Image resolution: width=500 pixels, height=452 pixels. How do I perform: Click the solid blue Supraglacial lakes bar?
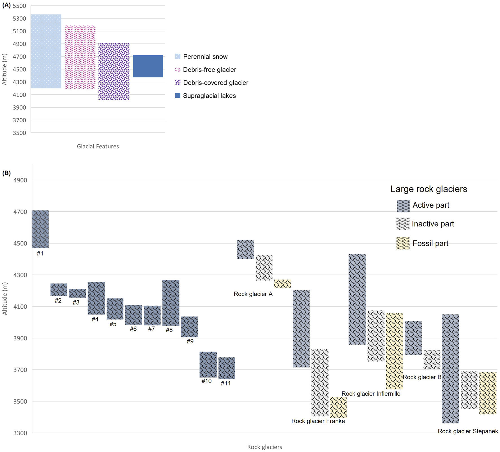(x=148, y=66)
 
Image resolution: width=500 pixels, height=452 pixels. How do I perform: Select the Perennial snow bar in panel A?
(x=46, y=51)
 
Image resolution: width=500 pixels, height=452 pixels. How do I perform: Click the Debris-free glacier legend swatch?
(x=178, y=69)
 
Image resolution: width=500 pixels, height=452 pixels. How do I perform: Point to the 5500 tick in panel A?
(x=19, y=6)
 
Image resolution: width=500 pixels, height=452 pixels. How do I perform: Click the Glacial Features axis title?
(x=98, y=146)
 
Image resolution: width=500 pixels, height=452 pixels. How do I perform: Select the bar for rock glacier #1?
(x=40, y=229)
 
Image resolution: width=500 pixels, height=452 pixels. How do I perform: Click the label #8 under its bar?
(x=169, y=330)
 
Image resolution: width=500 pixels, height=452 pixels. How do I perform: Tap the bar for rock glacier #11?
(x=227, y=368)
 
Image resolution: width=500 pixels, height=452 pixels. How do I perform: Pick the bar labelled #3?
(x=77, y=293)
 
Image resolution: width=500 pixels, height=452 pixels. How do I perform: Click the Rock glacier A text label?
(x=253, y=294)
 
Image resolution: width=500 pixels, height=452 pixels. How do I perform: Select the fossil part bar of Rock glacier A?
(x=282, y=284)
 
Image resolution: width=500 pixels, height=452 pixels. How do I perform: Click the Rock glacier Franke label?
(x=318, y=421)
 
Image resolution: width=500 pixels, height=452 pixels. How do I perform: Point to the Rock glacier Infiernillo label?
(x=371, y=394)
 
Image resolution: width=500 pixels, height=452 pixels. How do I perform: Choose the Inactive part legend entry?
(x=433, y=224)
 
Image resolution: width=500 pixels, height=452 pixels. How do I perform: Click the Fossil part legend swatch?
(x=403, y=243)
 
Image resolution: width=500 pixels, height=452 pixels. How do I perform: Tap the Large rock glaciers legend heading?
(x=429, y=189)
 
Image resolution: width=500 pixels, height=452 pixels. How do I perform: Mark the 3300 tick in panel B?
(x=20, y=433)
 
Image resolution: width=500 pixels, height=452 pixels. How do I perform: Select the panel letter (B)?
(x=6, y=173)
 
